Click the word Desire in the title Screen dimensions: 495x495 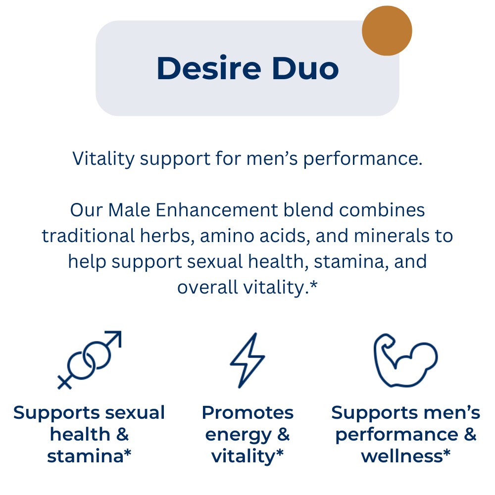209,68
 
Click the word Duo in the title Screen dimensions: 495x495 305,68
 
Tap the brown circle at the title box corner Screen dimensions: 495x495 387,31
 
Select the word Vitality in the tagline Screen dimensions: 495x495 103,158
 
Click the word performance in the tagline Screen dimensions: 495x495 363,159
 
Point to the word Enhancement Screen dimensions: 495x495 217,210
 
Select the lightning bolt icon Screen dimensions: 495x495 247,360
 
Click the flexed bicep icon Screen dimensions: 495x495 405,360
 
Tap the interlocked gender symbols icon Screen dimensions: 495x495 90,360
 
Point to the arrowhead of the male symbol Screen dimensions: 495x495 114,338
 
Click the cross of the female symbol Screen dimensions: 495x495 64,382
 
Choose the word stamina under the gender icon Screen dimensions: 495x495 85,456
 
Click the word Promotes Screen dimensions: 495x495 247,413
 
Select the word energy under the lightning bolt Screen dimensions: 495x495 239,435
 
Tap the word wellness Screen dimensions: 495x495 402,456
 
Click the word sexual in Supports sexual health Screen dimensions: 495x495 135,413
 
